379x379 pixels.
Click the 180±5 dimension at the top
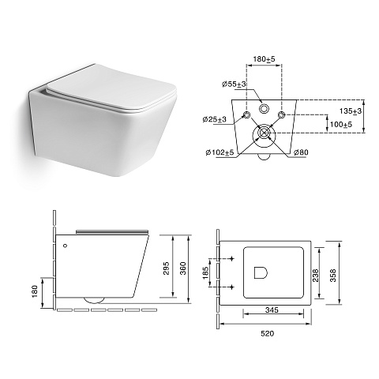tap(264, 59)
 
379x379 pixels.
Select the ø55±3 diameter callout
tap(234, 84)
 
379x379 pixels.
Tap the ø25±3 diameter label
tap(215, 119)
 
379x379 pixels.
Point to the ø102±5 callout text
tap(220, 152)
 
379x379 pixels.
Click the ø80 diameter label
tap(301, 152)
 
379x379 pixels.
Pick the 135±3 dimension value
tap(351, 111)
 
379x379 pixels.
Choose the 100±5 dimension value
tap(341, 124)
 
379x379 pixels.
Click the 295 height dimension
tap(167, 268)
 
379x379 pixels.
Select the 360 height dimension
tap(183, 268)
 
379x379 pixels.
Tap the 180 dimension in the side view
tap(35, 291)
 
